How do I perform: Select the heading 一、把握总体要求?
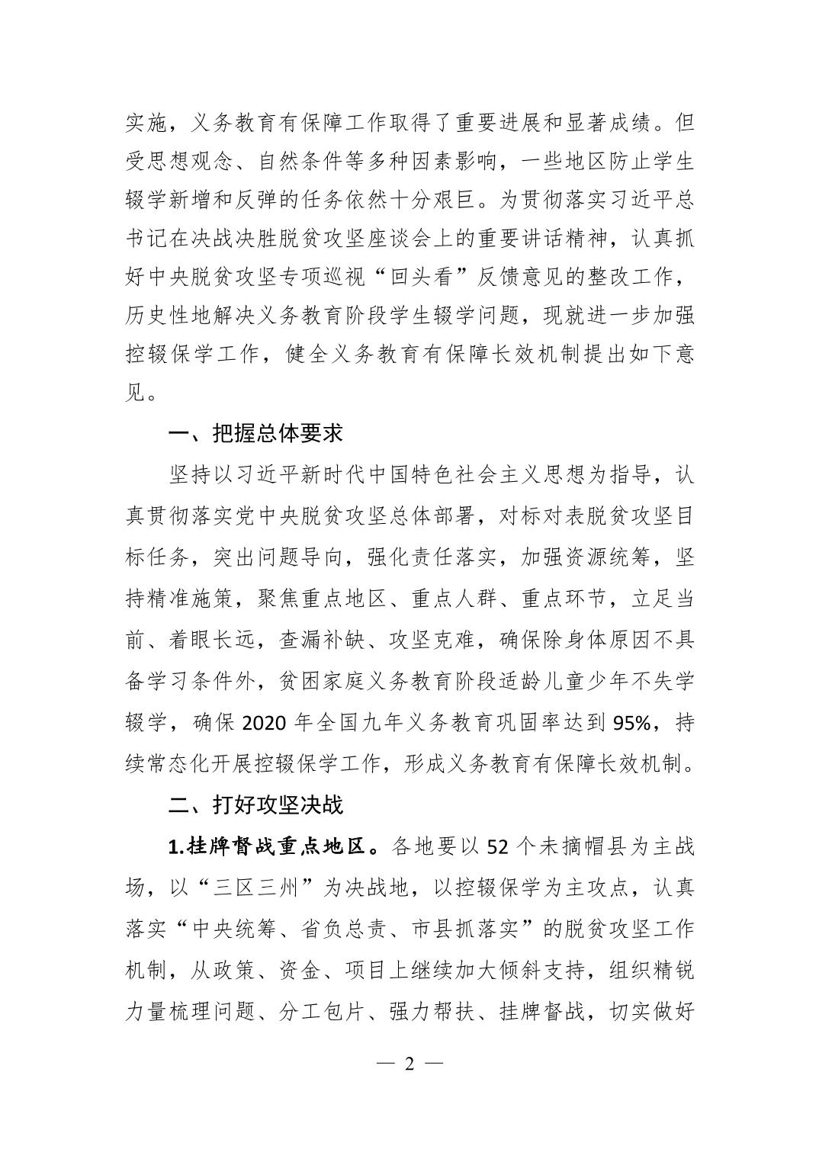[x=255, y=434]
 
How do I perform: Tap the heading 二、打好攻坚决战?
[x=255, y=804]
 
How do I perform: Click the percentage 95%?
[x=632, y=722]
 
